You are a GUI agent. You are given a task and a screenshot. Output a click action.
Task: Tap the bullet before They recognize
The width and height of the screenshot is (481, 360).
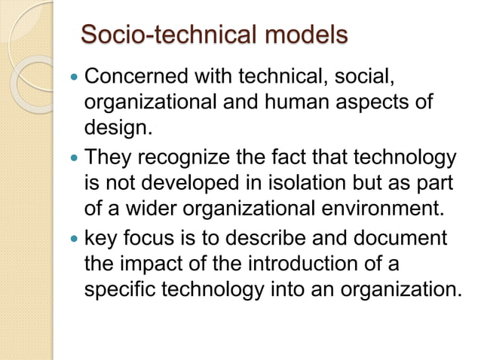[x=72, y=160]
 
